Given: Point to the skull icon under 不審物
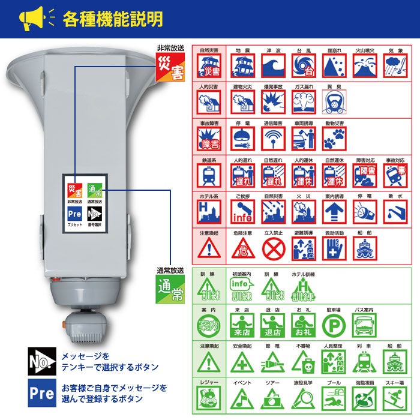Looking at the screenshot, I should click(304, 362).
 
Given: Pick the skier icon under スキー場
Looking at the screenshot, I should click(395, 397).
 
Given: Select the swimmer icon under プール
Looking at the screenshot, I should click(334, 397).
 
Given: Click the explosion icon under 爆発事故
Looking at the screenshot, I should click(274, 103).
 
